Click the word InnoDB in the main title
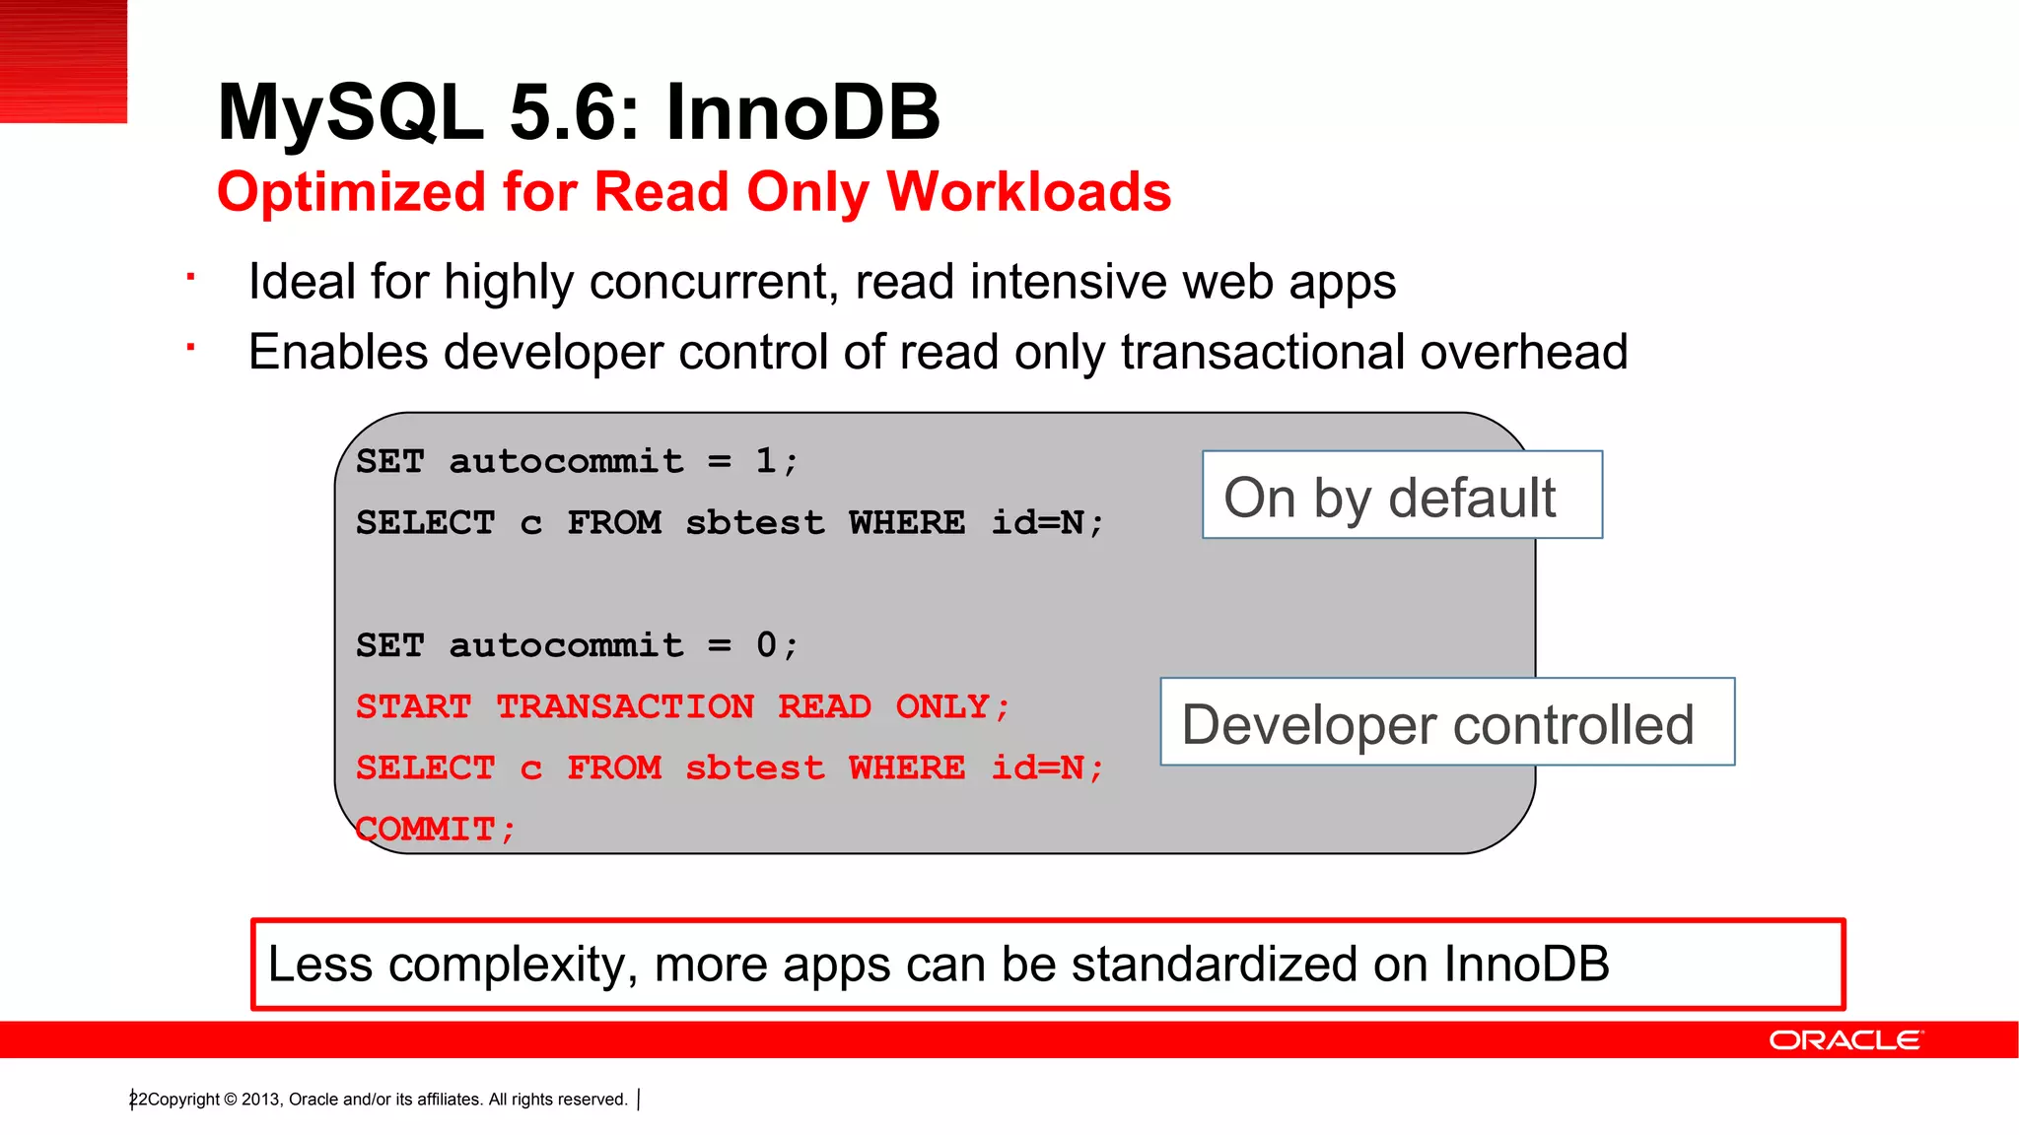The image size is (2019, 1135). pos(802,112)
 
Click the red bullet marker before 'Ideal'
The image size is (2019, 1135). pos(191,277)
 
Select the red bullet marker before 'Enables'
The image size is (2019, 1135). pos(191,347)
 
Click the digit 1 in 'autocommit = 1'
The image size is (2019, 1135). pos(766,460)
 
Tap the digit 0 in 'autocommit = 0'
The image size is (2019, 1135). pos(766,644)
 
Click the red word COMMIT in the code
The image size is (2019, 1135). pos(426,829)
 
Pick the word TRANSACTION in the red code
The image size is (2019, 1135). pos(625,706)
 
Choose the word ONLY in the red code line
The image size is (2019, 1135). pos(941,706)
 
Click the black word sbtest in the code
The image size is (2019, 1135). pos(754,522)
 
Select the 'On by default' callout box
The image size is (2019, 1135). pos(1401,496)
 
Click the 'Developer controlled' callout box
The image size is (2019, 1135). pos(1446,722)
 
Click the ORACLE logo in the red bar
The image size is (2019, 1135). pos(1845,1040)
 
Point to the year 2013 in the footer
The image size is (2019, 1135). pos(261,1100)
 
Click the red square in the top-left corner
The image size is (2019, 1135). pos(63,61)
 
